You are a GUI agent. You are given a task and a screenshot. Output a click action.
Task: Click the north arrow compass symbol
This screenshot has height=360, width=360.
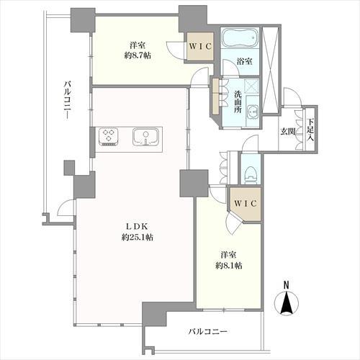pos(287,302)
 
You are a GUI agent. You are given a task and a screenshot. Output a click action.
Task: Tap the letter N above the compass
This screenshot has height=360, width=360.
pos(286,285)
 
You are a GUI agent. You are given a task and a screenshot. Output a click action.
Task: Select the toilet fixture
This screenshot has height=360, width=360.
pos(251,174)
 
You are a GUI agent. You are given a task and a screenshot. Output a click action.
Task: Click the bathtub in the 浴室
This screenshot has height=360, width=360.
pos(240,37)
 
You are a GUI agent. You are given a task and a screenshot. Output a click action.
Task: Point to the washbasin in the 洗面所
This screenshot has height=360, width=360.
pos(253,111)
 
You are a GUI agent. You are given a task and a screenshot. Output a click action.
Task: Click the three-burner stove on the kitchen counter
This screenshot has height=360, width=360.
pos(109,137)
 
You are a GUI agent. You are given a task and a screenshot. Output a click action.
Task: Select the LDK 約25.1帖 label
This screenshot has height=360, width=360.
pos(137,232)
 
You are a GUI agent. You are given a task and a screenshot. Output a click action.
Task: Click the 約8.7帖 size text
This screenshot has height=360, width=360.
pos(138,55)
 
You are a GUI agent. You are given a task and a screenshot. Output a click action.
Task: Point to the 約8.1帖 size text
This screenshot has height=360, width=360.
pos(228,266)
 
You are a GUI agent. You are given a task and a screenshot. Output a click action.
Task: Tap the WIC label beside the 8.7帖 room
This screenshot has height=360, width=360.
pos(200,46)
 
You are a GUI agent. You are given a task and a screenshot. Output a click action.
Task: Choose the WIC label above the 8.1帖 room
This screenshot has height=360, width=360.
pos(246,204)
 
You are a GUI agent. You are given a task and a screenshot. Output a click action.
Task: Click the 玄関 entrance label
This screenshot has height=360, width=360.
pos(288,132)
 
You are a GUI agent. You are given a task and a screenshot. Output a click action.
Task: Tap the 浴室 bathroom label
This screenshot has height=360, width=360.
pos(244,61)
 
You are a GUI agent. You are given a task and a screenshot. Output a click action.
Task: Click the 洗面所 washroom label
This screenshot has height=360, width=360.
pos(238,102)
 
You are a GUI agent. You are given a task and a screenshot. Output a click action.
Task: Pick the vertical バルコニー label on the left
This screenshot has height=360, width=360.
pos(68,100)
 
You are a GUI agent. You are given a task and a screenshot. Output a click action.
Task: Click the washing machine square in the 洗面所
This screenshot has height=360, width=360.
pos(251,86)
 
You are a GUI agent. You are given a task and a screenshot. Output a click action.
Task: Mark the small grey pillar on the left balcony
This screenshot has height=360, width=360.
pos(69,168)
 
